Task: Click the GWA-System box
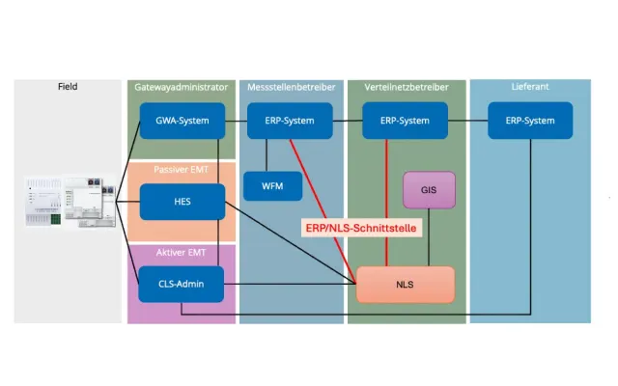click(183, 121)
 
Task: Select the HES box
click(183, 202)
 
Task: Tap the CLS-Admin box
click(183, 284)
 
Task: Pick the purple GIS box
click(429, 190)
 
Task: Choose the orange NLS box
click(406, 285)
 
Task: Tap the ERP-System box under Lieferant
click(531, 121)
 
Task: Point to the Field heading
click(68, 87)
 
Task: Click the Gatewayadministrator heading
click(182, 87)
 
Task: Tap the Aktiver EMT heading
click(182, 252)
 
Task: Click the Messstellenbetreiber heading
click(291, 87)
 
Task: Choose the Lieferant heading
click(530, 87)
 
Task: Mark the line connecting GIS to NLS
click(429, 237)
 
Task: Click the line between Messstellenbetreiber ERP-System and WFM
click(267, 155)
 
